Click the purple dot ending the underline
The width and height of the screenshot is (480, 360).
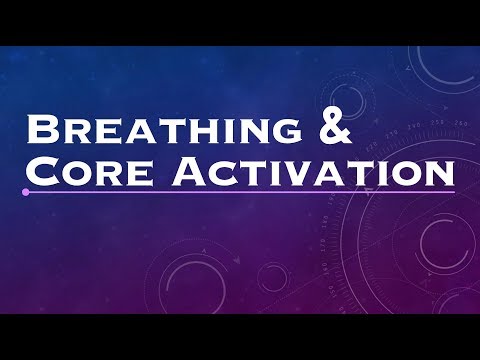pos(25,191)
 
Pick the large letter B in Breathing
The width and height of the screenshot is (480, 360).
pos(42,132)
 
